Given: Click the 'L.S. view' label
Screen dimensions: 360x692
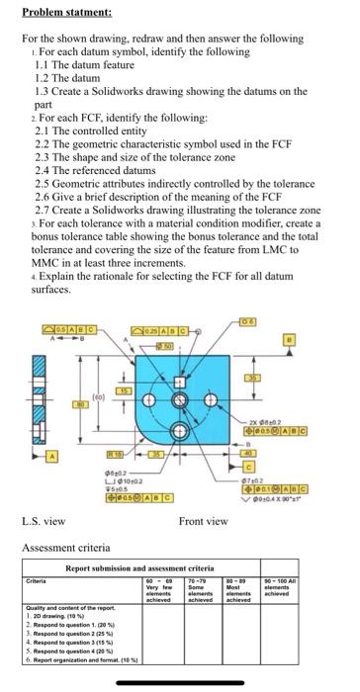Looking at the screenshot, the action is [43, 521].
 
